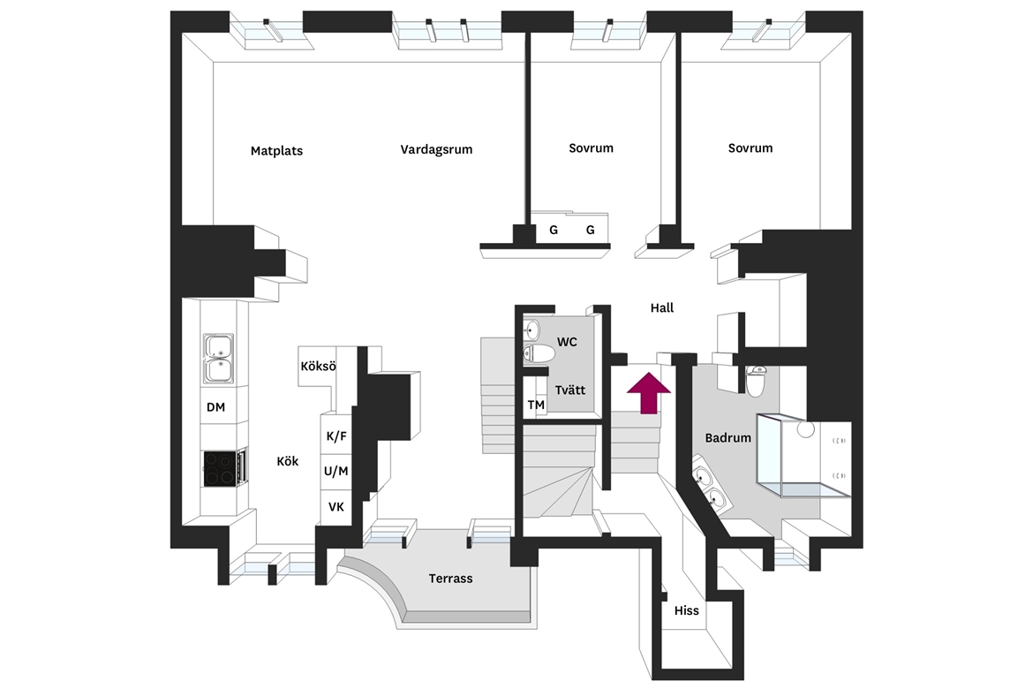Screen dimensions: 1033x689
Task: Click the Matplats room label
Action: coord(276,151)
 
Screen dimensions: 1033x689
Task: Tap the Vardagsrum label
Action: coord(436,149)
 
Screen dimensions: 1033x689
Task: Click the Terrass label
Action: coord(450,579)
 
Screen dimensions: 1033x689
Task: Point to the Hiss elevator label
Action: coord(687,610)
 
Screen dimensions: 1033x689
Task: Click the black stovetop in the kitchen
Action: coord(221,468)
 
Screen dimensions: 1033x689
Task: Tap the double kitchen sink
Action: coord(218,359)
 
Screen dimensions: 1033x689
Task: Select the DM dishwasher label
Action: coord(216,407)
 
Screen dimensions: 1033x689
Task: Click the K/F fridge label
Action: coord(336,436)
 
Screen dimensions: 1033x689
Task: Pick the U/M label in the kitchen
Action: coord(336,472)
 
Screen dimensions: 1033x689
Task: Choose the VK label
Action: coord(336,507)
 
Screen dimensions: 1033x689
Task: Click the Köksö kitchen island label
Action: coord(318,366)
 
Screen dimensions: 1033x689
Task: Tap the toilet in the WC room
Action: coord(539,353)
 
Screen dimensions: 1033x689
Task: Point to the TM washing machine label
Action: coord(536,405)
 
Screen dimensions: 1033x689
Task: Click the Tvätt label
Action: coord(569,390)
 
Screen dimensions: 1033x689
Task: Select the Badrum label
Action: coord(728,438)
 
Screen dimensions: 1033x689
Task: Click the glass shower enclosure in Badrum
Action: coord(803,456)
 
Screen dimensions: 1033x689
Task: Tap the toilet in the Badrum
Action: coord(756,381)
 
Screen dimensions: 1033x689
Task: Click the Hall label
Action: coord(662,308)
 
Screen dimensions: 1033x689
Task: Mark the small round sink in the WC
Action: coord(532,329)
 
